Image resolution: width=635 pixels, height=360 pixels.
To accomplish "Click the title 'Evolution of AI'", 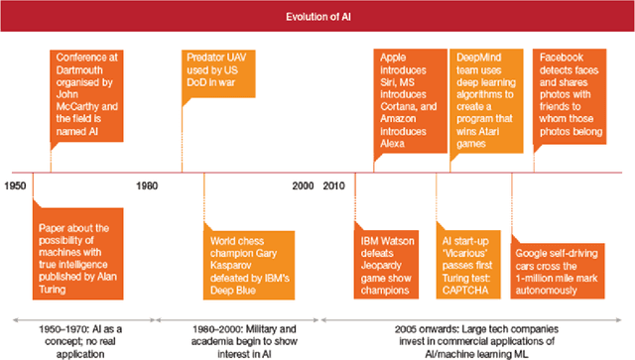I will point(317,17).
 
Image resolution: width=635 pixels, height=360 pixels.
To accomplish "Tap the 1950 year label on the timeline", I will point(15,185).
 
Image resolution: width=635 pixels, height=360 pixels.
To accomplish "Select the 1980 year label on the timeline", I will point(147,185).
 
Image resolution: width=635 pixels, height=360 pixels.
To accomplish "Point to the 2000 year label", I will point(303,185).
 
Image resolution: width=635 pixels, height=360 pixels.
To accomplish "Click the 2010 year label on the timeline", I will point(334,185).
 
